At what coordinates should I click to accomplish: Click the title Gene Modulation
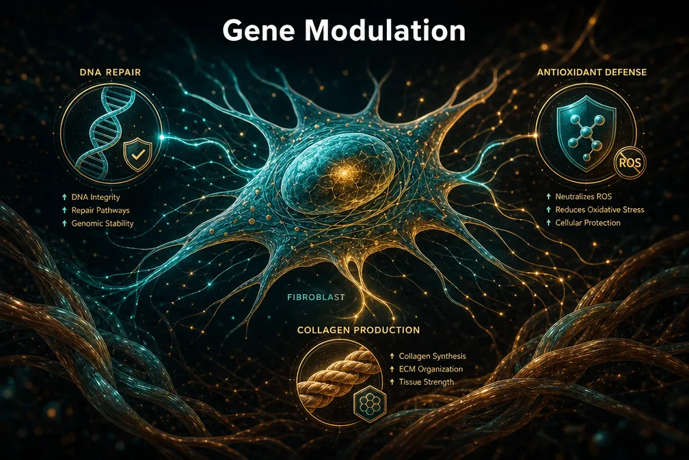[344, 31]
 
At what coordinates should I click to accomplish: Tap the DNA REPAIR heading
[110, 72]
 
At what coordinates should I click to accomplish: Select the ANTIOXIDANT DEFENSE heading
[592, 72]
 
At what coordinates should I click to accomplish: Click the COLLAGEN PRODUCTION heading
[359, 330]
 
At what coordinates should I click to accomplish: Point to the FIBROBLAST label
[316, 297]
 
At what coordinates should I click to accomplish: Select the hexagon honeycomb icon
[370, 402]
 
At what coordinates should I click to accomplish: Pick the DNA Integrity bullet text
[96, 197]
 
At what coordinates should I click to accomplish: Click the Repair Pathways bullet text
[100, 210]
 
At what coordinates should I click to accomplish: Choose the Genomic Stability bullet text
[103, 224]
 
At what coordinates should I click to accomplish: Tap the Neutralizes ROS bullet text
[584, 196]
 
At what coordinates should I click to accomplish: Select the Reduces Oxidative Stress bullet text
[600, 209]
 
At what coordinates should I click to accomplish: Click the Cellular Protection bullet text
[588, 222]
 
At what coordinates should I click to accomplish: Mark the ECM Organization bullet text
[431, 369]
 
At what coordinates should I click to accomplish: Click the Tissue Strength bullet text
[427, 382]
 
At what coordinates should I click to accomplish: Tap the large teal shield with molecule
[586, 133]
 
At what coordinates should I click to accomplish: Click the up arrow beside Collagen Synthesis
[392, 356]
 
